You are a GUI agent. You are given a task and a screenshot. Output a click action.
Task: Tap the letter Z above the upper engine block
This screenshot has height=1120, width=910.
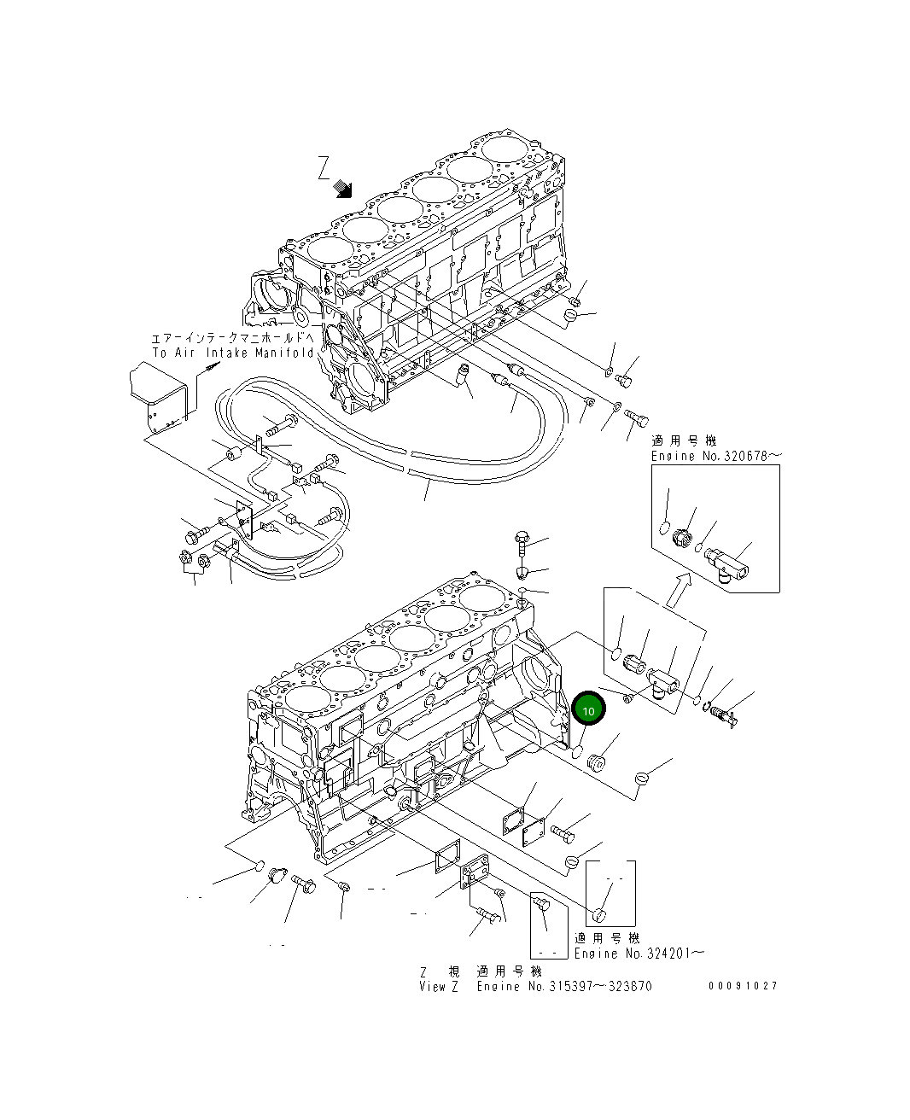pyautogui.click(x=324, y=167)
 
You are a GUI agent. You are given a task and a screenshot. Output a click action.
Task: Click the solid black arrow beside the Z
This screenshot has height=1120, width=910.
pyautogui.click(x=344, y=189)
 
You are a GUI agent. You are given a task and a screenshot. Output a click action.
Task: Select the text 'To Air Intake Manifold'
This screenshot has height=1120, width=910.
pyautogui.click(x=233, y=353)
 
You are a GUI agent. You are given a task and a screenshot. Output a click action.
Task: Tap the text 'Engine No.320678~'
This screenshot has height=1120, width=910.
pyautogui.click(x=715, y=457)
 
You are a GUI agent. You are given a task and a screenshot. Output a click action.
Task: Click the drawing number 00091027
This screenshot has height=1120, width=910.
pyautogui.click(x=743, y=986)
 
